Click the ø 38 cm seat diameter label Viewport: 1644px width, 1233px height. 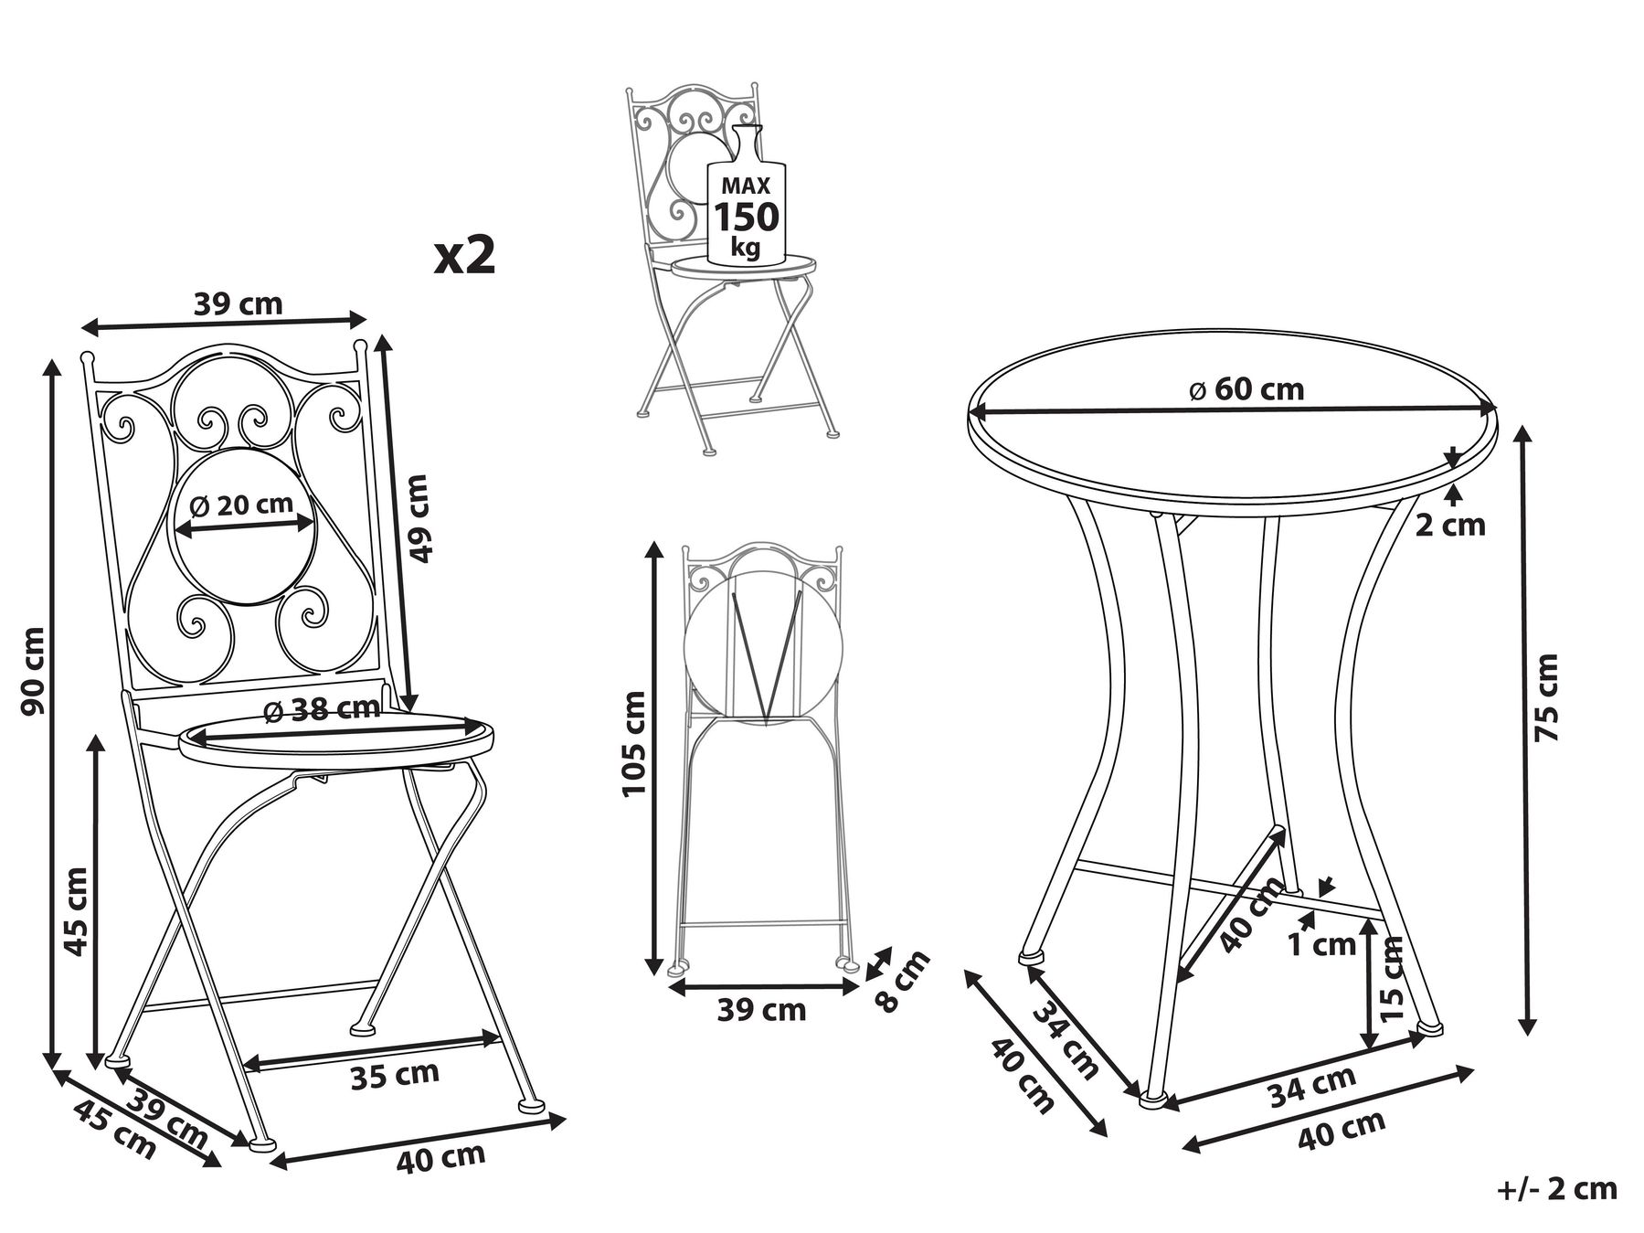(321, 710)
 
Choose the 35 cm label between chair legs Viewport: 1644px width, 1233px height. (395, 1073)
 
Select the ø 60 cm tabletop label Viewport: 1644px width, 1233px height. (1246, 389)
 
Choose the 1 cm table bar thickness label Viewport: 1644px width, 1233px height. (1321, 944)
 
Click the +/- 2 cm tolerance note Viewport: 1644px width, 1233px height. (1557, 1188)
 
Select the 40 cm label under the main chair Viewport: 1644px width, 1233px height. (440, 1157)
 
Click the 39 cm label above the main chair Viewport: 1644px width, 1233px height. (239, 303)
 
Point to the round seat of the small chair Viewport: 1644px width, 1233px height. (740, 264)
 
